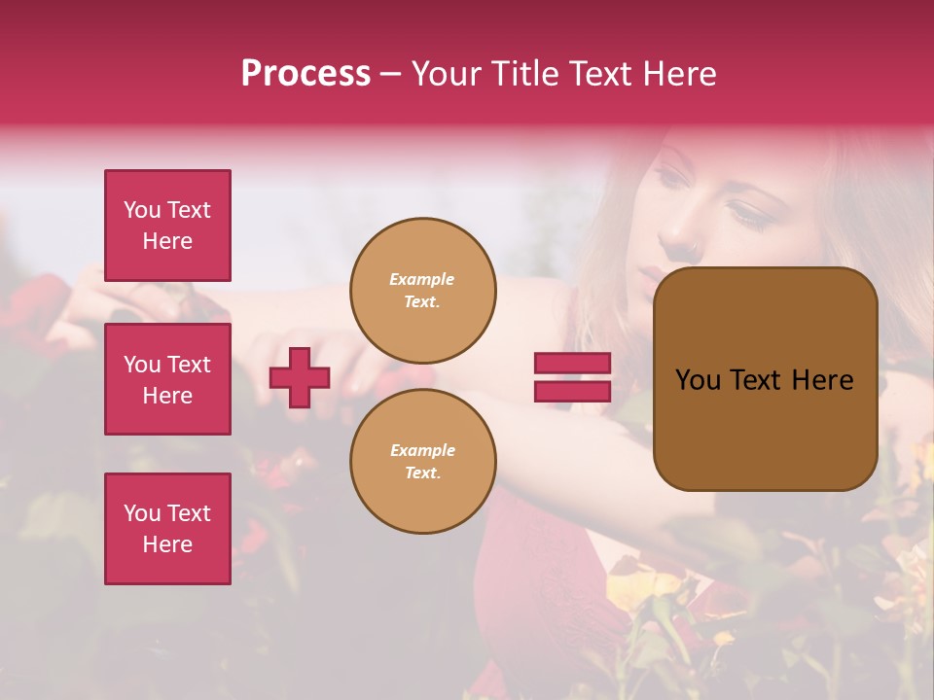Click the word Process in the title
point(305,74)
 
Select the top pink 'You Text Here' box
point(167,226)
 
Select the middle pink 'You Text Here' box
point(167,379)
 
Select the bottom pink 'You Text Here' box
point(167,528)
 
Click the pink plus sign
point(300,377)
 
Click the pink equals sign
point(572,377)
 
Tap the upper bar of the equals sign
point(572,364)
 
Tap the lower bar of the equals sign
point(572,391)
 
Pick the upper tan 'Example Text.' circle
point(422,291)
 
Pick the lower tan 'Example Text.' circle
point(422,462)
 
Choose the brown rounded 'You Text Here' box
point(765,379)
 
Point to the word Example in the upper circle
point(422,279)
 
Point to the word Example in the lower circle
point(422,450)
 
